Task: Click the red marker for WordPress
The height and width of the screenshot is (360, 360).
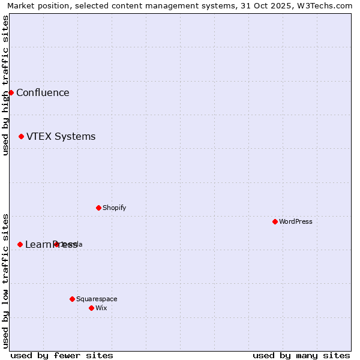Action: coord(275,221)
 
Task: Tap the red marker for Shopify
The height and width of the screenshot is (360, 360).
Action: coord(98,208)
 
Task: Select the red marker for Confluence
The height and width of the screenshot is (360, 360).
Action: coord(11,92)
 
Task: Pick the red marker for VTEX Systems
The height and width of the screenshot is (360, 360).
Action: coord(21,136)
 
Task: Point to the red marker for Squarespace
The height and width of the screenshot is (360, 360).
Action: coord(72,299)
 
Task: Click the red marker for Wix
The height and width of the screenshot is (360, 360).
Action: coord(91,308)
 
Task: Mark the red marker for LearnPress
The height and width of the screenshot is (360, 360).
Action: coord(20,244)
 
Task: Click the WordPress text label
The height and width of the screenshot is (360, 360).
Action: coord(296,221)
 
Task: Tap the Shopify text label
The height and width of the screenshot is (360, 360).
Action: coord(115,208)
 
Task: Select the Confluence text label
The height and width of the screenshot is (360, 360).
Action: coord(43,92)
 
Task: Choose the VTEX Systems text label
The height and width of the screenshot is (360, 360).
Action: coord(61,136)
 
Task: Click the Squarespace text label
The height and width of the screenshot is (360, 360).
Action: coord(97,299)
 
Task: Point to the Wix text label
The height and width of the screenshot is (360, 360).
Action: coord(101,308)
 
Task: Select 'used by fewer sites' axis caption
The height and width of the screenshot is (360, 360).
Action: coord(62,355)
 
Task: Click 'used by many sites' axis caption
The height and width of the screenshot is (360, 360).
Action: coord(301,355)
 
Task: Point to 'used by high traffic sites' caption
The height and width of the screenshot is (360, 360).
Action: coord(5,85)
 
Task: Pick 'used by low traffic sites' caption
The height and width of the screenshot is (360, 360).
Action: coord(5,281)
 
